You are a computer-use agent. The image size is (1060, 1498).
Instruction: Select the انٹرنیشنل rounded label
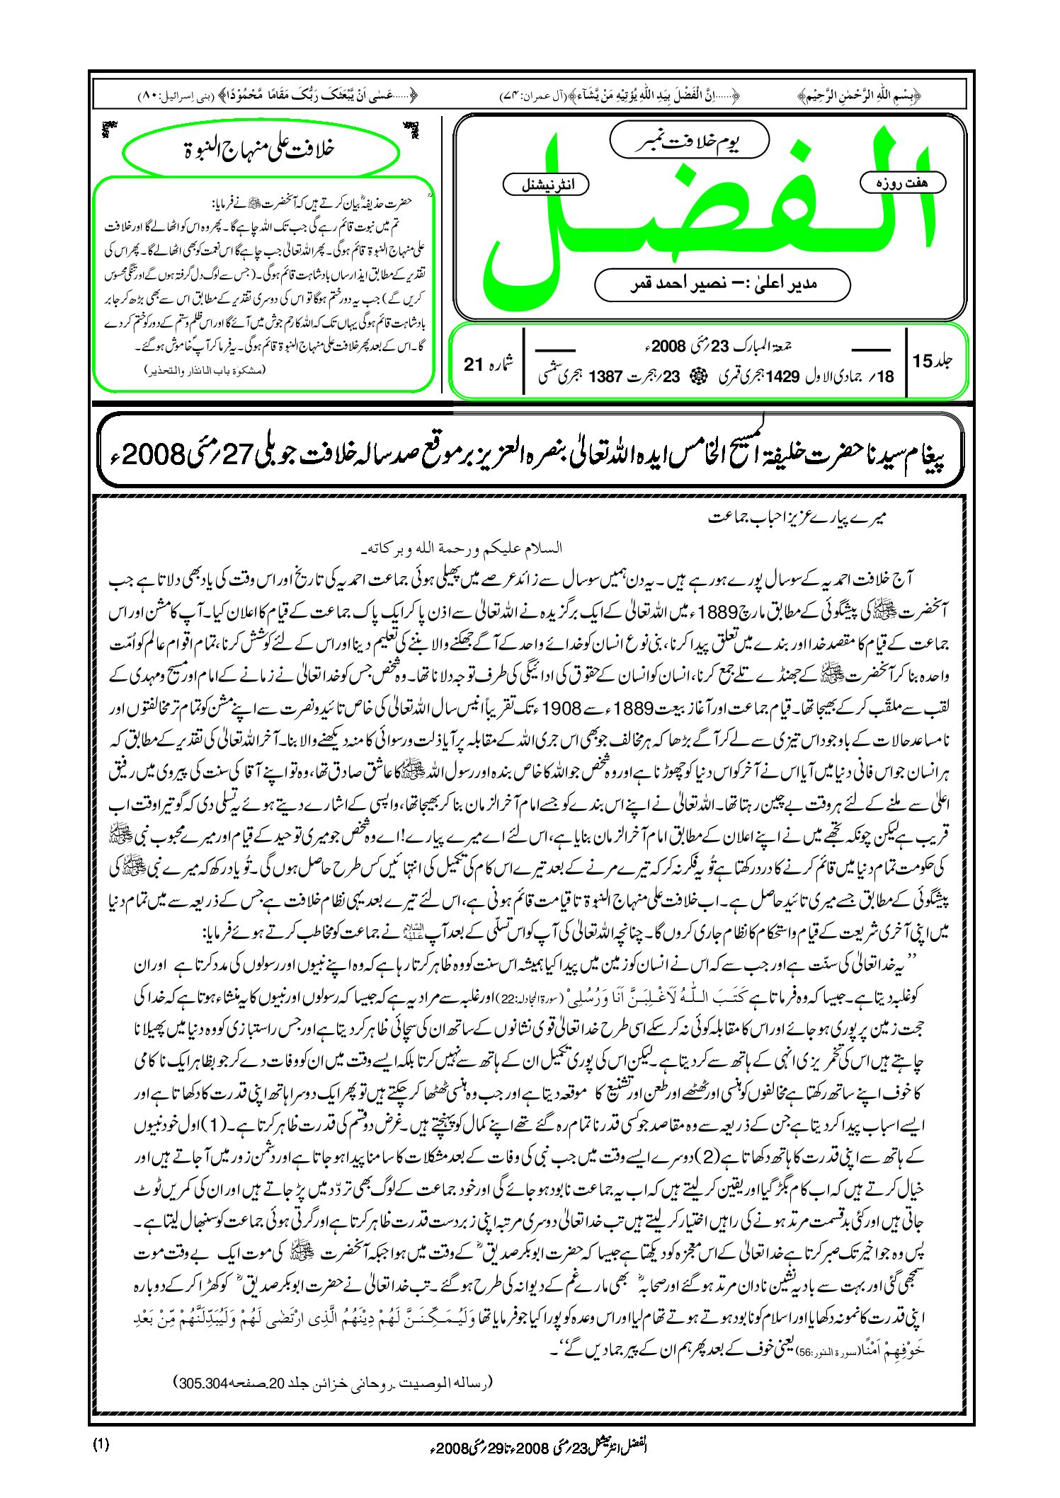coord(546,185)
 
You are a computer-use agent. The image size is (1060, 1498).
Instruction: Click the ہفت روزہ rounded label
coord(903,183)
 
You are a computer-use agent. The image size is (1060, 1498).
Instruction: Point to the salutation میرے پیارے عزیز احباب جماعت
coord(798,518)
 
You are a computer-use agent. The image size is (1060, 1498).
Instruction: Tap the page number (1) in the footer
coord(101,1445)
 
